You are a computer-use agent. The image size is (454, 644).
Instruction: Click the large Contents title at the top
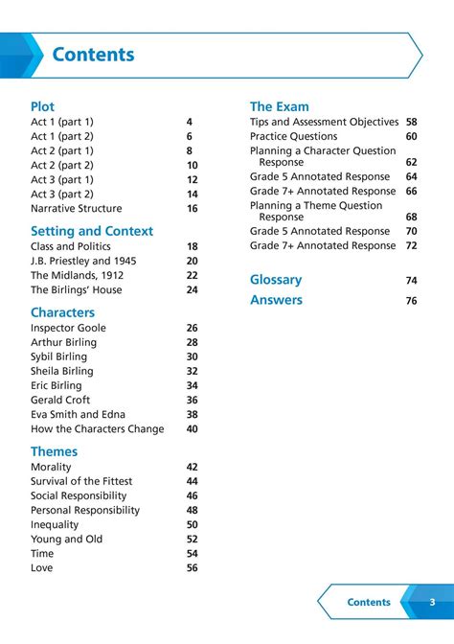tap(93, 55)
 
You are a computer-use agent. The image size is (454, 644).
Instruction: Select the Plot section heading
tap(43, 106)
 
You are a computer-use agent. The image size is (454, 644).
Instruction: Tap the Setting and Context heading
tap(92, 231)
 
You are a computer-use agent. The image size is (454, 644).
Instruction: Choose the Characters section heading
tap(62, 312)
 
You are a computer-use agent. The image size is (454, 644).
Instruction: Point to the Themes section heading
tap(54, 451)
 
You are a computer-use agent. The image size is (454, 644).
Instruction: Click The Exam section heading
tap(280, 106)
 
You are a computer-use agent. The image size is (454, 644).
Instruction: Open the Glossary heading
tap(276, 280)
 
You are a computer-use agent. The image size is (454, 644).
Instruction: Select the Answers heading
tap(276, 300)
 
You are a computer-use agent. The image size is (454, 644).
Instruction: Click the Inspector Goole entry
tap(68, 328)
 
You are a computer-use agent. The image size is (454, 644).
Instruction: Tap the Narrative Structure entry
tap(77, 208)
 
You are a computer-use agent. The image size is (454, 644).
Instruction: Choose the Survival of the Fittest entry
tap(81, 481)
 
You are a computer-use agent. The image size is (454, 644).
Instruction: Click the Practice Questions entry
tap(294, 136)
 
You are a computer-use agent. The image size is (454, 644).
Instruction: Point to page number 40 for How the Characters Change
tap(193, 429)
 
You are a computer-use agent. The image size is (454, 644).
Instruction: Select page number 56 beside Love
tap(193, 568)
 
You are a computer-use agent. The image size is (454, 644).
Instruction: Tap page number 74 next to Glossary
tap(412, 281)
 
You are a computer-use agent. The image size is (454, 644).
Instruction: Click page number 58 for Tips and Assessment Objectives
tap(412, 122)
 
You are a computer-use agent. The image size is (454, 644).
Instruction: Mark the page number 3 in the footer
tap(432, 602)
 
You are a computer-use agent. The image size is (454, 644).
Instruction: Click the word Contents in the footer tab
tap(369, 602)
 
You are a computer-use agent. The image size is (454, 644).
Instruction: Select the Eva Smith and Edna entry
tap(78, 415)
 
